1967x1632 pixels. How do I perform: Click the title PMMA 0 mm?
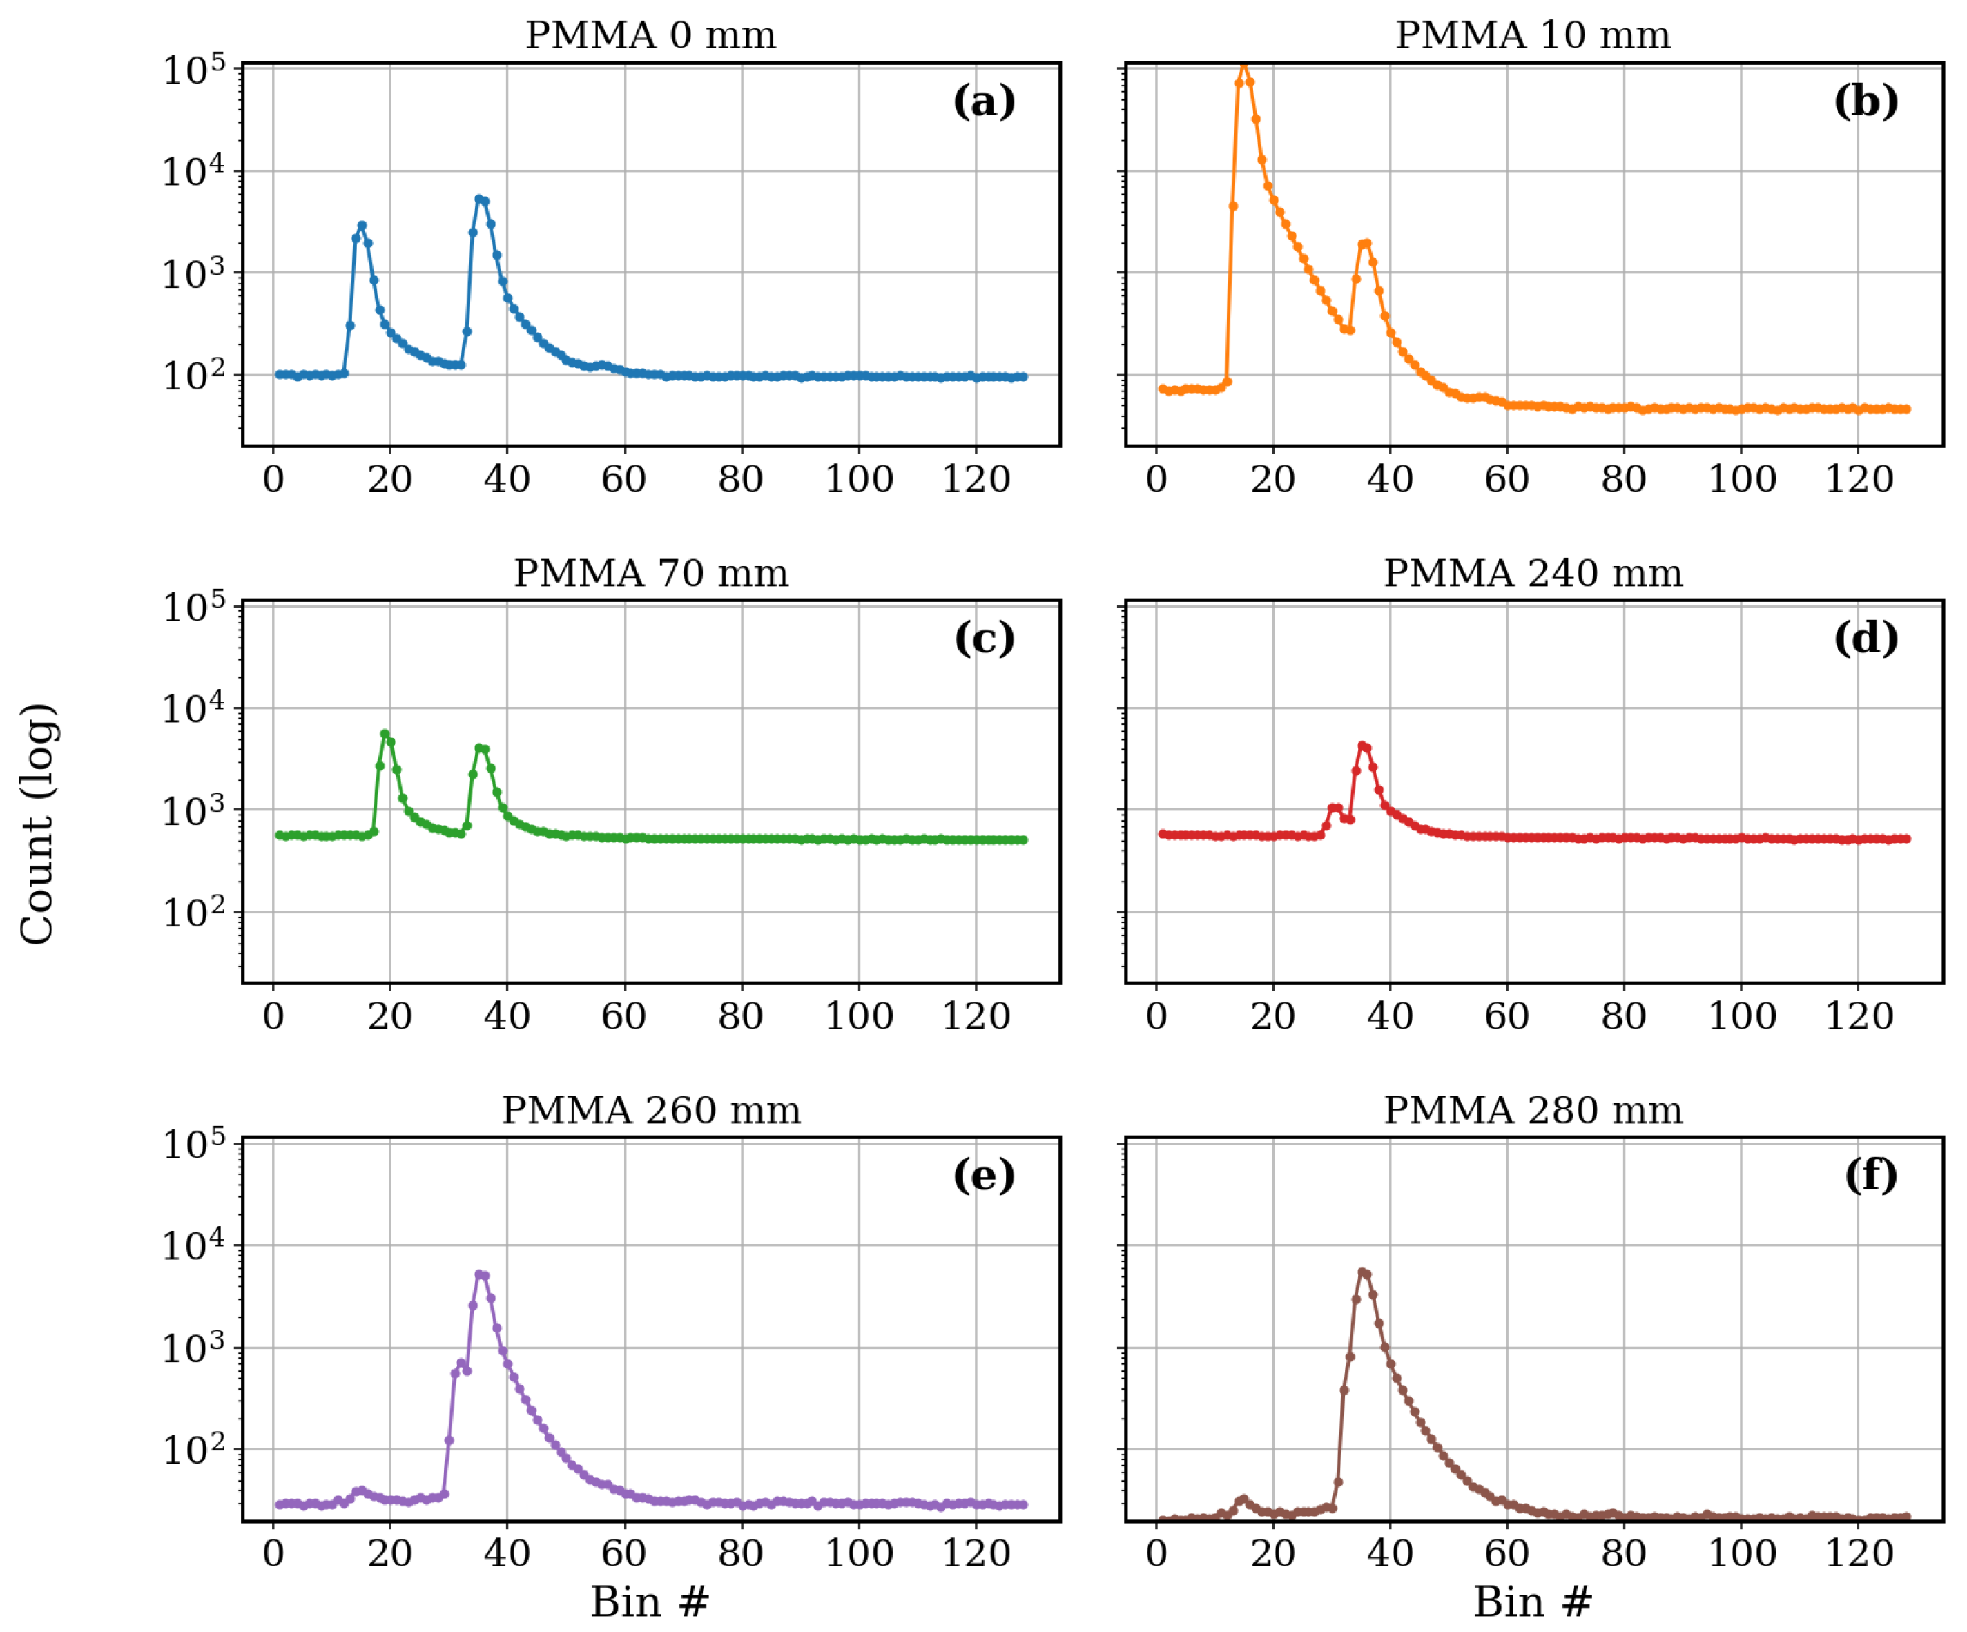651,36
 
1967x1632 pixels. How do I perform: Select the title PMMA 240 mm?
1533,573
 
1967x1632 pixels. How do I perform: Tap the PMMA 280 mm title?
1533,1111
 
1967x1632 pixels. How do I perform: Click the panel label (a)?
983,101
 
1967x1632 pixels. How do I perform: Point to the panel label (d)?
1866,638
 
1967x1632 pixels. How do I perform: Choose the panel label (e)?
983,1175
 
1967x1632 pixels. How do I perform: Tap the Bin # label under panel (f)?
1533,1602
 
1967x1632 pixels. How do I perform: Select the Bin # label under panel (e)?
650,1602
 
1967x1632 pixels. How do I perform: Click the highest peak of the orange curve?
1244,66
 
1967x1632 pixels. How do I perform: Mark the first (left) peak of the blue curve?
362,226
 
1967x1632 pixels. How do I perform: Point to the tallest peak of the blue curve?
478,200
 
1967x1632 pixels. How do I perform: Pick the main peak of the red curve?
1362,746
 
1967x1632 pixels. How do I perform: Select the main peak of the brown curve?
1362,1272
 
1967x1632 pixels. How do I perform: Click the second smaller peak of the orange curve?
1366,244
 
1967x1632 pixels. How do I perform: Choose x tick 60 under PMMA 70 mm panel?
624,1017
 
